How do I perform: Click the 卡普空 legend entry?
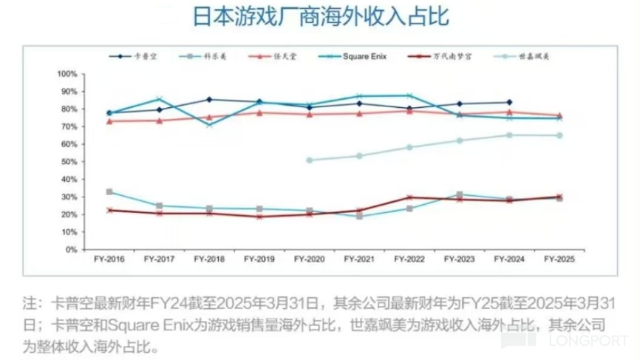[138, 56]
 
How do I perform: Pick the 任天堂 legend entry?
[284, 56]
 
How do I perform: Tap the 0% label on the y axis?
[72, 250]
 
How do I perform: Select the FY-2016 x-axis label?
[109, 261]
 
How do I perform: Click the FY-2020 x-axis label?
[309, 261]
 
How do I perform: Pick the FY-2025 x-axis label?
[559, 261]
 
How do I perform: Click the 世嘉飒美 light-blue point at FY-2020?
[309, 160]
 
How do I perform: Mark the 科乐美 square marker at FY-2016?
[109, 192]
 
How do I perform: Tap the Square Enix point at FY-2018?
[209, 125]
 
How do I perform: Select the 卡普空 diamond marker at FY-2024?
[509, 102]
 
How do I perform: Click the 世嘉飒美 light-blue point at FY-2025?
[559, 135]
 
